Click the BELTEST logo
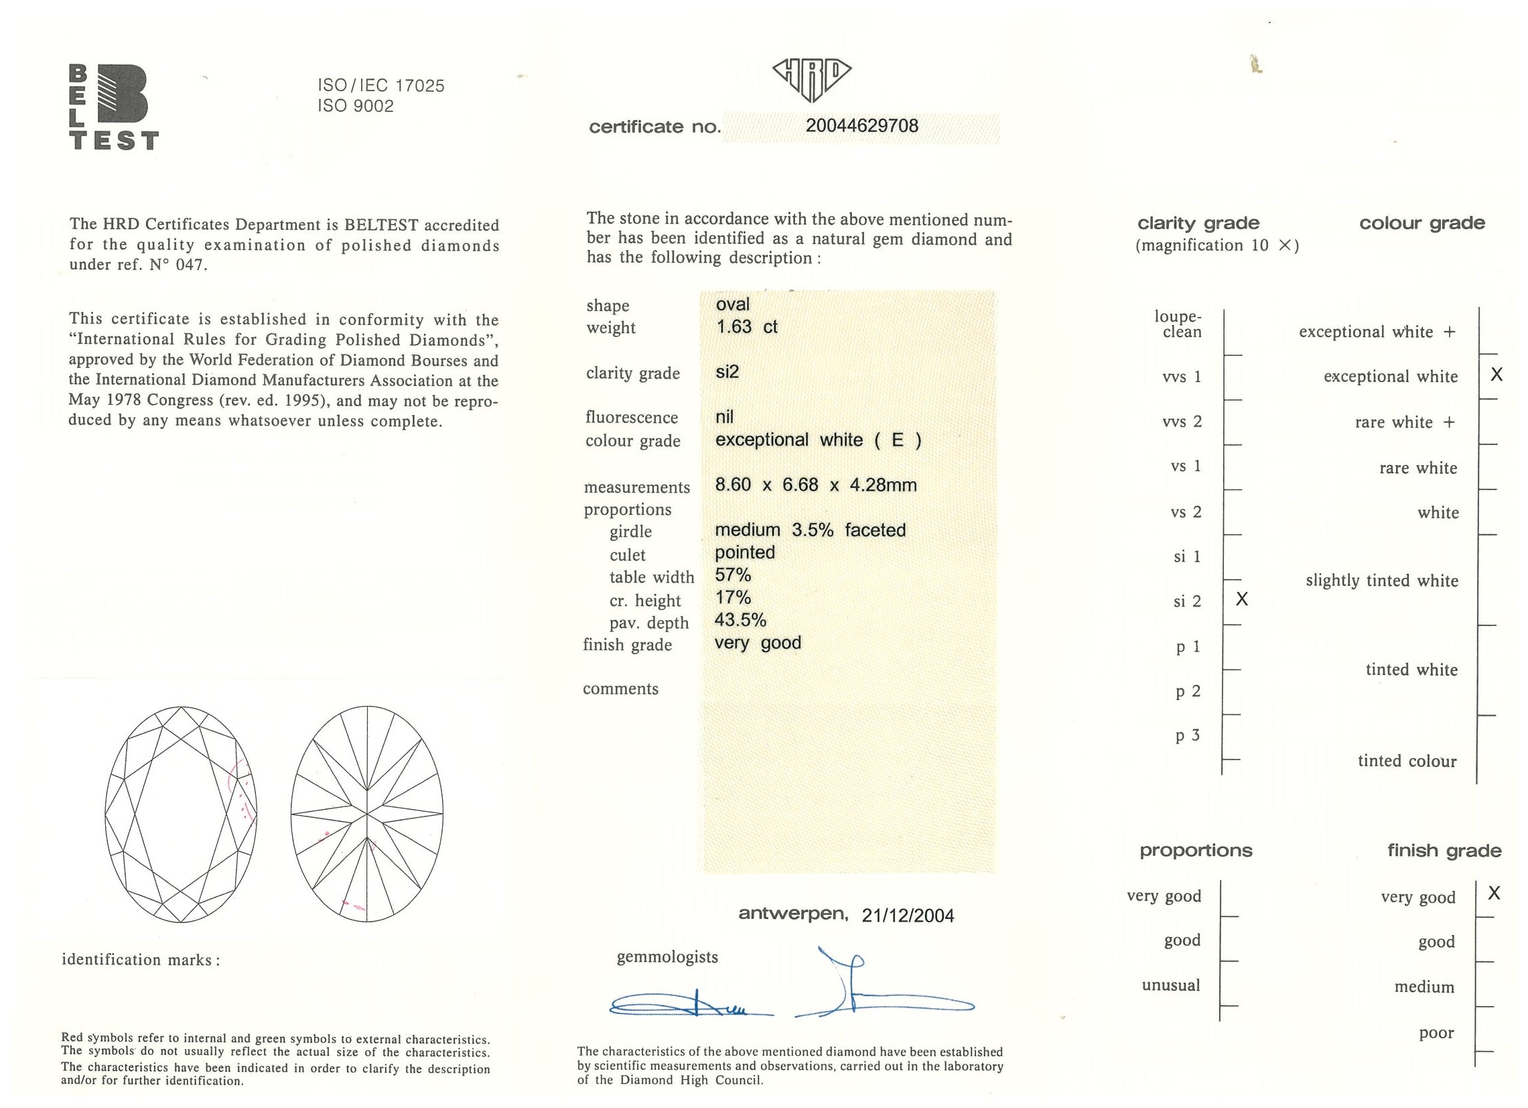coord(114,107)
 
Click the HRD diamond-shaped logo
coord(811,78)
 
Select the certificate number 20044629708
coord(861,126)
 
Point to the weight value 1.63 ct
coord(746,327)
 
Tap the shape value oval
coord(732,304)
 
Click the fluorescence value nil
coord(724,416)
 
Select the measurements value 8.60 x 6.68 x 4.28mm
coord(815,485)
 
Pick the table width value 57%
coord(732,575)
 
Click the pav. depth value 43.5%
coord(740,620)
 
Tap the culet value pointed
coord(744,552)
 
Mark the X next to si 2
coord(1242,599)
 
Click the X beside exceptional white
coord(1497,375)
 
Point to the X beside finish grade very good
coord(1494,894)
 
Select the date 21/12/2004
coord(908,915)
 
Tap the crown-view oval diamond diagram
coord(182,814)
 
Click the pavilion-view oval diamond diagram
coord(367,814)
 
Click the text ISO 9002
coord(356,107)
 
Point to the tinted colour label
coord(1407,761)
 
